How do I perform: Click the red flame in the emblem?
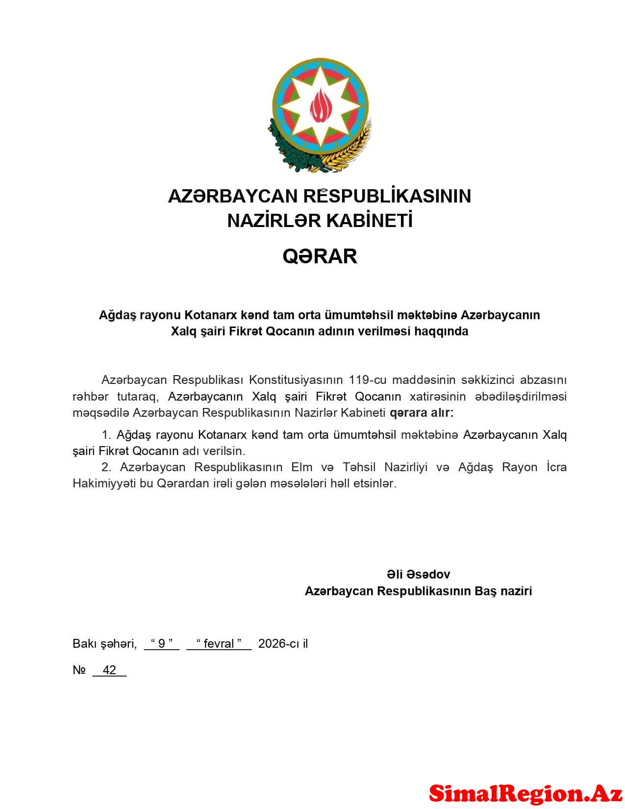point(320,106)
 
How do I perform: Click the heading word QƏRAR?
point(320,256)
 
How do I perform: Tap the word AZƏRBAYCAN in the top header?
point(233,196)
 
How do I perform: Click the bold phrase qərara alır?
point(422,412)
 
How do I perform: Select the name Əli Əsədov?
point(418,574)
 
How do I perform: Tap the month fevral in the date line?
point(219,643)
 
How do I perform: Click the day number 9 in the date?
point(162,643)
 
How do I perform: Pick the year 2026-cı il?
point(283,643)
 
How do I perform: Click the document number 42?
point(109,670)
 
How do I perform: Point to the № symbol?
point(79,670)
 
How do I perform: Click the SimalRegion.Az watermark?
point(525,793)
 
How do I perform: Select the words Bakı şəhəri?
point(104,643)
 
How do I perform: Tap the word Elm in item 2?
point(301,467)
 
